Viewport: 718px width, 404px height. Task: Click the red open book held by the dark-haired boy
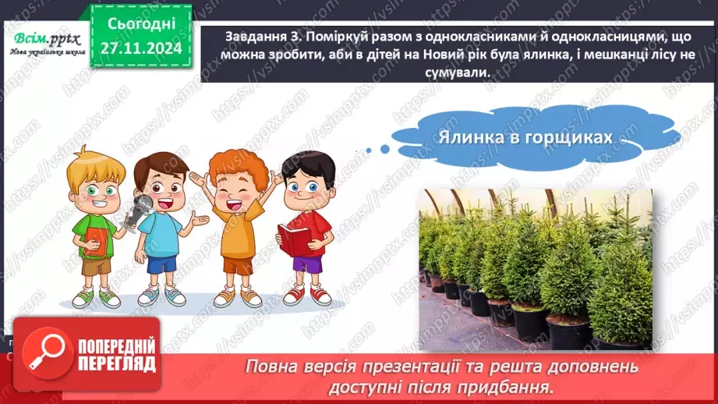click(x=295, y=238)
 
